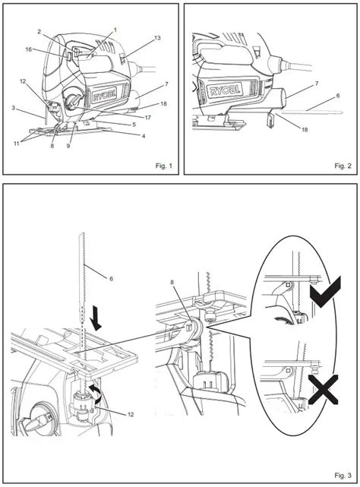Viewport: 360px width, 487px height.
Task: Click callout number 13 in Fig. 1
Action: pyautogui.click(x=157, y=36)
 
